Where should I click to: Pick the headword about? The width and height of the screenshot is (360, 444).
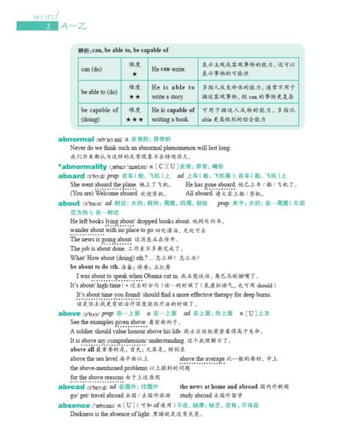tap(69, 204)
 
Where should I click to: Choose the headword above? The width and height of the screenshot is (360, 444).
tap(69, 313)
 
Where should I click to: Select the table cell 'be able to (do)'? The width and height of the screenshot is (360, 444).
tap(99, 91)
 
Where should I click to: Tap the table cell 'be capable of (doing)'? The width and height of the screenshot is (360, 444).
tap(99, 114)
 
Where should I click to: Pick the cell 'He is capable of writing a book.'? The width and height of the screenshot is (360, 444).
tap(173, 114)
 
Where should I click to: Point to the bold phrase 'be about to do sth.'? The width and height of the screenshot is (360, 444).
tap(96, 267)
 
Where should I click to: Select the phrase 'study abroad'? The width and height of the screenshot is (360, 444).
tap(197, 396)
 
